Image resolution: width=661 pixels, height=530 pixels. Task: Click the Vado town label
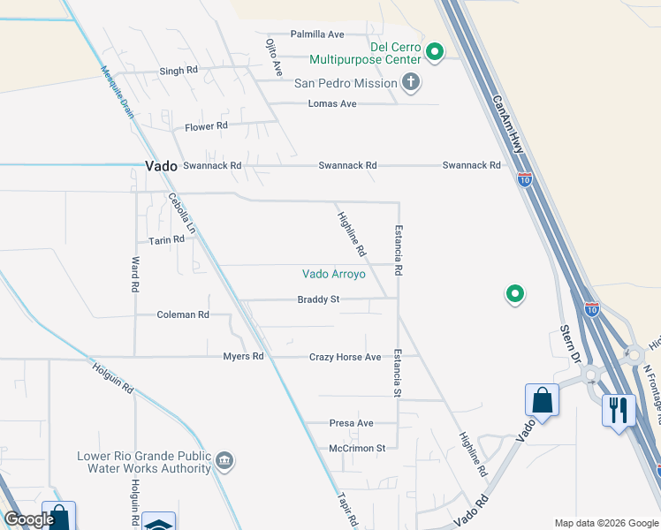click(x=161, y=165)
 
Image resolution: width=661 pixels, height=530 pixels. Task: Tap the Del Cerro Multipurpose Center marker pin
click(x=434, y=52)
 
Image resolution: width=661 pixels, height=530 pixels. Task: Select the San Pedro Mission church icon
click(x=410, y=83)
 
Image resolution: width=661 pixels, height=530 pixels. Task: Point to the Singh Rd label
click(x=179, y=71)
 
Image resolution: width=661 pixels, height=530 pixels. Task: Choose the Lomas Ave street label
click(x=331, y=103)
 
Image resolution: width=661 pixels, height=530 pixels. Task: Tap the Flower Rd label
click(x=206, y=126)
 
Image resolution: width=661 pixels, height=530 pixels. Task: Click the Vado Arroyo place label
click(x=333, y=274)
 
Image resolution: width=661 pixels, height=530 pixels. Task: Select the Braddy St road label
click(x=318, y=299)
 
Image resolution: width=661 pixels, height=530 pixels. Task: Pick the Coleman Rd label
click(x=183, y=314)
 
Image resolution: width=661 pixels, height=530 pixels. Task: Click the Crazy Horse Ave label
click(x=345, y=357)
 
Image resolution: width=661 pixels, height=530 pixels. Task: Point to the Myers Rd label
click(x=243, y=357)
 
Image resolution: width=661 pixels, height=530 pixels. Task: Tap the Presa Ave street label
click(x=351, y=423)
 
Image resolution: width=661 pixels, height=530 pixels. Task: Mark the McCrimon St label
click(x=357, y=448)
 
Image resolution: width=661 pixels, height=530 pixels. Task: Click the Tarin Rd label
click(x=166, y=239)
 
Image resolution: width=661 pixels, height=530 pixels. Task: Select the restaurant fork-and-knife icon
click(x=618, y=409)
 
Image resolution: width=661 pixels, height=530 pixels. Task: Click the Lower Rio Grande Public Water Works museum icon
click(x=224, y=460)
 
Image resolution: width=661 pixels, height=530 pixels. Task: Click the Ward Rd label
click(x=135, y=275)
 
